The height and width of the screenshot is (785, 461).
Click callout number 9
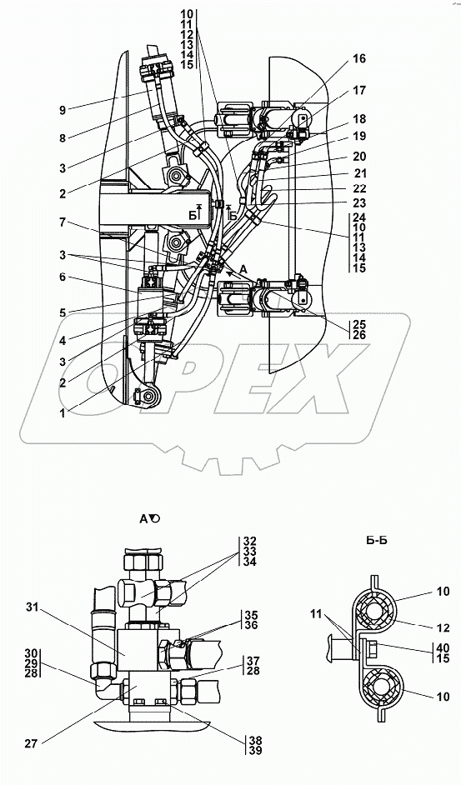coord(63,110)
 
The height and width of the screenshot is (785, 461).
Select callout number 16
coord(359,58)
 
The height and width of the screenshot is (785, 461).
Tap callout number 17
coord(359,91)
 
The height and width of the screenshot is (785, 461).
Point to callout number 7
coord(63,222)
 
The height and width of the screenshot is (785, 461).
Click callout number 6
coord(63,277)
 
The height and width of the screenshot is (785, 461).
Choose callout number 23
coord(359,203)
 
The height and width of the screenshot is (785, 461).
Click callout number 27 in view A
coord(31,743)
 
